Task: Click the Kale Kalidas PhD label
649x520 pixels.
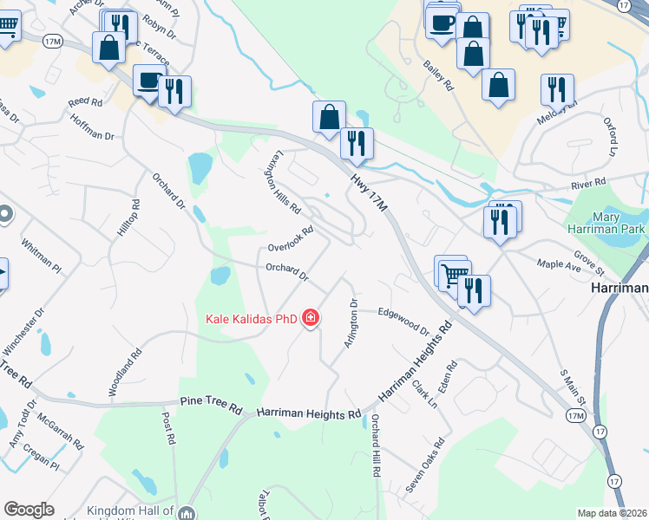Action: point(251,319)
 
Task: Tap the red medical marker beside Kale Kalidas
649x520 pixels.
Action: point(311,319)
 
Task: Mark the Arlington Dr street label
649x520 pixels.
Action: point(351,323)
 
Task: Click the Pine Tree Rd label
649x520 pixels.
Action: point(211,402)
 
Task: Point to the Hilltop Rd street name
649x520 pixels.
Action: point(128,218)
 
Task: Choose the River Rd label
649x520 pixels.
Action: point(587,184)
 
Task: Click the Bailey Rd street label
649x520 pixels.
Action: point(438,75)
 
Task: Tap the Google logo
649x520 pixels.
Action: point(29,510)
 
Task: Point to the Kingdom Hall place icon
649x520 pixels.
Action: point(187,513)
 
